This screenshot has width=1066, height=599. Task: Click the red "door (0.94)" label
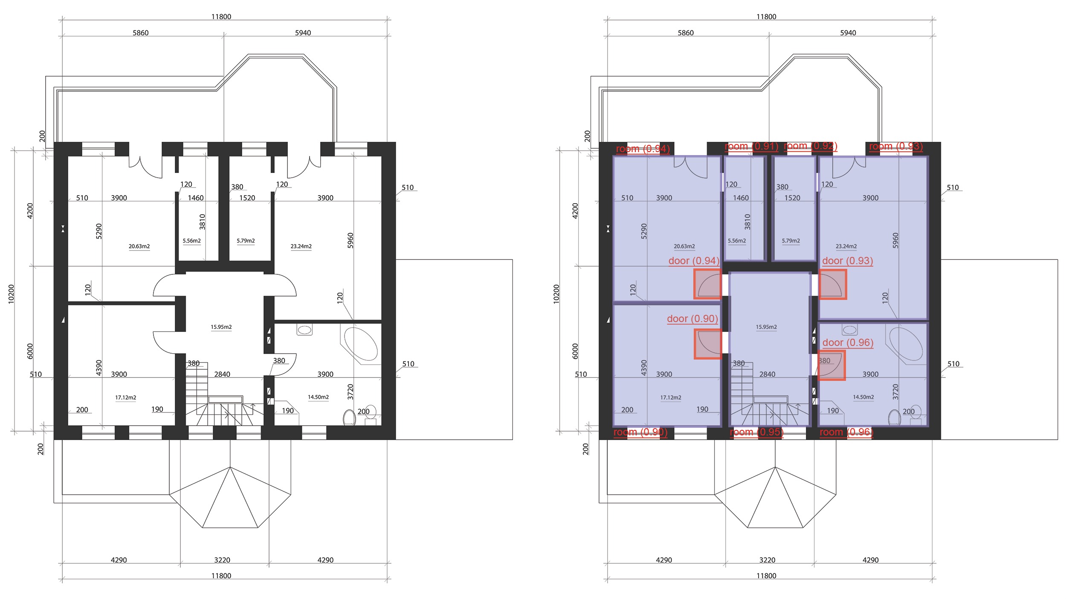coord(694,261)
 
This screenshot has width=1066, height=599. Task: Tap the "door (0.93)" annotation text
coord(847,261)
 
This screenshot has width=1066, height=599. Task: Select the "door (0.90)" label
coord(692,319)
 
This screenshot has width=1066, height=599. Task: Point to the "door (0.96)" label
coord(848,343)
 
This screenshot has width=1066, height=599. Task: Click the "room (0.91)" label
coord(751,146)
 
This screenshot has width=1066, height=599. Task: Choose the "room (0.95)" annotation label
coord(757,432)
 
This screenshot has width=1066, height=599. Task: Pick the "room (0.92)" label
coord(811,146)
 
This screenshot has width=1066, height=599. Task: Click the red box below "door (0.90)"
coord(708,344)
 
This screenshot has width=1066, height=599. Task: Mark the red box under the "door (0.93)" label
coord(833,284)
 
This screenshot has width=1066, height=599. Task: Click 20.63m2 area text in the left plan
coord(139,246)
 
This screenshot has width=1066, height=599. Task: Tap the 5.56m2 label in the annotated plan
coord(737,241)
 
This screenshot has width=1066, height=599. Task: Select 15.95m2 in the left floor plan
coord(221,327)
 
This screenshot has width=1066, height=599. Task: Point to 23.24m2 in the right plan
coord(846,246)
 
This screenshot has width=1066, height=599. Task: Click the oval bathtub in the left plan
coord(361,344)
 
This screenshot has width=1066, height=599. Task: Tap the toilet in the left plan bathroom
coord(349,418)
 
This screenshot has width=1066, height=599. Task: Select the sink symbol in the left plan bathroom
coord(304,330)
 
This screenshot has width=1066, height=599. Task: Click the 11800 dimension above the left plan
coord(221,17)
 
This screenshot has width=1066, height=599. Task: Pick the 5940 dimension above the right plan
coord(848,33)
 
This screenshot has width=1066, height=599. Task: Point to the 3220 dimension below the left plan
coord(222,560)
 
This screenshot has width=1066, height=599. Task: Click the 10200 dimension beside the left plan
coord(12,294)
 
